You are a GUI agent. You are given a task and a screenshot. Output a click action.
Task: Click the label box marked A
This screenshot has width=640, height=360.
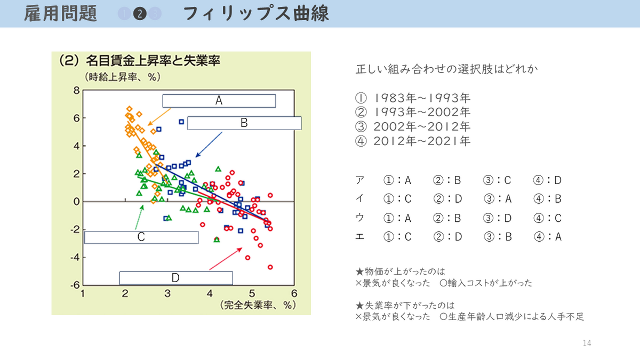[219, 101]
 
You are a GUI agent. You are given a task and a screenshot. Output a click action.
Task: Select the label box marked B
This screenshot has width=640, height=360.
[244, 123]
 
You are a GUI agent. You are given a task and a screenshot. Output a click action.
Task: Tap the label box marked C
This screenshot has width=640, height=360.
[141, 237]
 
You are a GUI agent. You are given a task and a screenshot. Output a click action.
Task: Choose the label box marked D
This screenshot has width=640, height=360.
[175, 278]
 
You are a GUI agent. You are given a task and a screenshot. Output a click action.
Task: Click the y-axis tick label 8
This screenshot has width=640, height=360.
[76, 90]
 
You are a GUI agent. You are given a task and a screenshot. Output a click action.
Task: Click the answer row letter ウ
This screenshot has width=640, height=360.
[360, 218]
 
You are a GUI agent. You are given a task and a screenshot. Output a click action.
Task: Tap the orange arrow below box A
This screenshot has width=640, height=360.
[159, 117]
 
